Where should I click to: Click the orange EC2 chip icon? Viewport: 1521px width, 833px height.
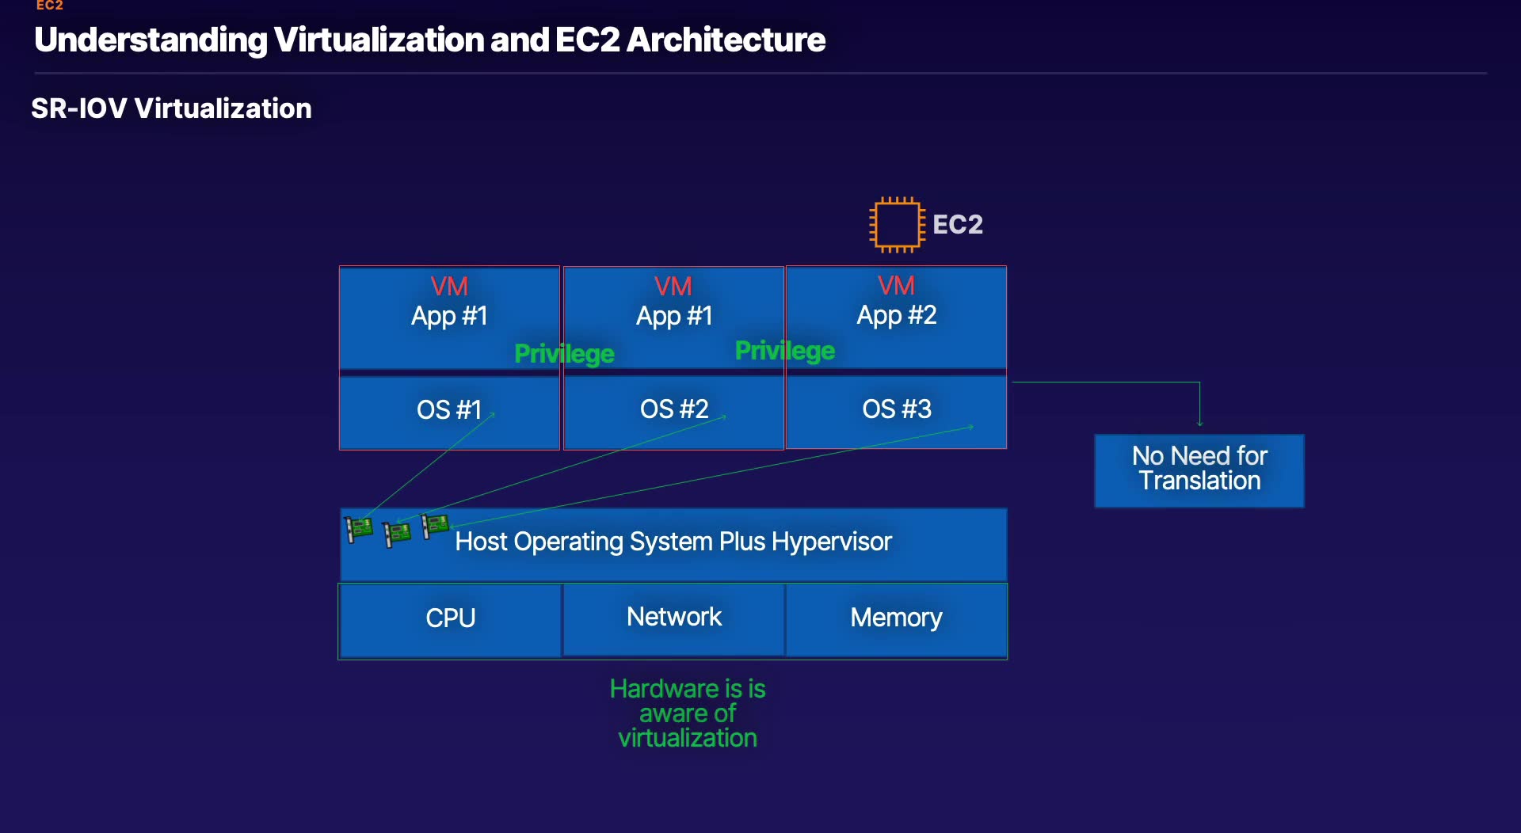897,225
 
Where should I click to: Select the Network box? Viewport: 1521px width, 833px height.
673,619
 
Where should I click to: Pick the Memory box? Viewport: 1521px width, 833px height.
896,619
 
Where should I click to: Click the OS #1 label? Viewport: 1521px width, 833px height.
449,409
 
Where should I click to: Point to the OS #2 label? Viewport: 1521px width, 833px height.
674,409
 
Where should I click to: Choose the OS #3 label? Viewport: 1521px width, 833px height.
897,409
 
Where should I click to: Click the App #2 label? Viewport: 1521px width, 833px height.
897,315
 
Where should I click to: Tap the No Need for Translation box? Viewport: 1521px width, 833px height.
1199,470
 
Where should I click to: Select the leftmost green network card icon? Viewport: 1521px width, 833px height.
359,528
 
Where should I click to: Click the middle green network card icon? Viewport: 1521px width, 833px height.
397,534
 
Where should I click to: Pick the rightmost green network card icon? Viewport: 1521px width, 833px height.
435,525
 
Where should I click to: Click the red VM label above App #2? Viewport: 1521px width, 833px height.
896,285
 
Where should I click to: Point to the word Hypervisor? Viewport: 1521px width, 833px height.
832,542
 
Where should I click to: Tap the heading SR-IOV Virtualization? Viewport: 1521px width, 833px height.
171,108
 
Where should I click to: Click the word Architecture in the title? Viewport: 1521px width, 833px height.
726,40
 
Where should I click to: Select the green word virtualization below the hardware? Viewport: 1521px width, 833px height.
688,738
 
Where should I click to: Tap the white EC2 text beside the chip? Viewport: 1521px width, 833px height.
958,225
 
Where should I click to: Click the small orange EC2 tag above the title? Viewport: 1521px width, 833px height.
49,6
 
